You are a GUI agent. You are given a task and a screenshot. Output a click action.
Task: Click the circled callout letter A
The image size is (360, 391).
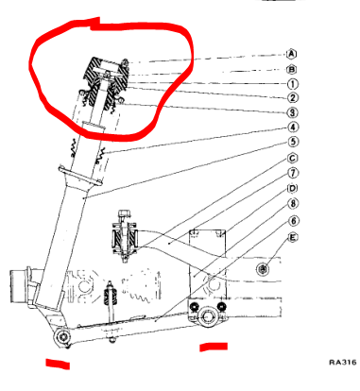[x=292, y=54]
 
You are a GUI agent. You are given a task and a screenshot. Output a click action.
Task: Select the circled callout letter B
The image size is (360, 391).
[x=292, y=69]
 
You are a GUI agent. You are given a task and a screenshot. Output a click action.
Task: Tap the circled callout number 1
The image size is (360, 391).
[x=293, y=84]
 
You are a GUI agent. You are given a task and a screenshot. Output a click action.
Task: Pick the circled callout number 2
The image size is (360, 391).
[x=293, y=98]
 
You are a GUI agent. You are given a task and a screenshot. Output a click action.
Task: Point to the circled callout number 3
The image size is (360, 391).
[x=293, y=112]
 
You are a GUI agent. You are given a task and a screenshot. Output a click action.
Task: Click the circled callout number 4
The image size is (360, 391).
[x=293, y=127]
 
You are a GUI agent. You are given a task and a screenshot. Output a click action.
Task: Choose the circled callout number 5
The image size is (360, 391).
[x=293, y=142]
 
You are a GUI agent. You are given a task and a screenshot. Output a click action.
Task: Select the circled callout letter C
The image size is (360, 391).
[x=293, y=158]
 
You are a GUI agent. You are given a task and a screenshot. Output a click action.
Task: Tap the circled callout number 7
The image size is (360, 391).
[x=293, y=173]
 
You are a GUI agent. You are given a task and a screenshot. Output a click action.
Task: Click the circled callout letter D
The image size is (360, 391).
[x=293, y=188]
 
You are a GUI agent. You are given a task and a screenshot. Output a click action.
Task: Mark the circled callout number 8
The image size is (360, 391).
[x=293, y=204]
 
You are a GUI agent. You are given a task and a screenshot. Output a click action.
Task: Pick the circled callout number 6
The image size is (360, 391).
[x=293, y=221]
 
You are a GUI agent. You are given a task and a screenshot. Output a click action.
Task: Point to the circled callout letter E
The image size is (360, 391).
[x=293, y=238]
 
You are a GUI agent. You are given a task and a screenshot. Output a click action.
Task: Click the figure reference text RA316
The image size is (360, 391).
[x=343, y=363]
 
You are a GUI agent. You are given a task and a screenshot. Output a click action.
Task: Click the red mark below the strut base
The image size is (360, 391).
[x=58, y=364]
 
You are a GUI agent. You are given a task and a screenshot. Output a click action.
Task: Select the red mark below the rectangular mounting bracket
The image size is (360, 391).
[x=214, y=347]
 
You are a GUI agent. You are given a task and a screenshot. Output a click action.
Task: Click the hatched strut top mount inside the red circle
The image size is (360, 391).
[x=106, y=82]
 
